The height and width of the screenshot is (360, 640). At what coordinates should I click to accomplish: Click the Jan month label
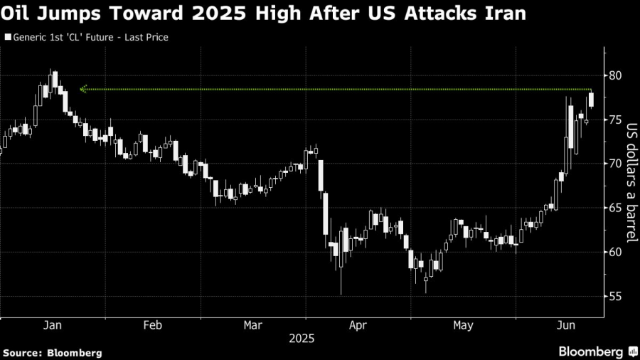click(x=52, y=325)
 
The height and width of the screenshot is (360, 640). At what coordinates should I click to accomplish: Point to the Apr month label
click(x=359, y=325)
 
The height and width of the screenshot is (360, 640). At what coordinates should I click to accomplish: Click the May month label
click(x=463, y=325)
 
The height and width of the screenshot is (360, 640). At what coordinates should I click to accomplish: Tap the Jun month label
click(x=565, y=325)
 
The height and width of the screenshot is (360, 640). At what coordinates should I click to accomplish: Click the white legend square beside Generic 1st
click(x=8, y=36)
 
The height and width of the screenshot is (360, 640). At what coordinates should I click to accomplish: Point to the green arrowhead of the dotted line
click(x=83, y=89)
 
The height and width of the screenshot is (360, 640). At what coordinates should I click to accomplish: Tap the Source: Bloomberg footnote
click(x=53, y=352)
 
